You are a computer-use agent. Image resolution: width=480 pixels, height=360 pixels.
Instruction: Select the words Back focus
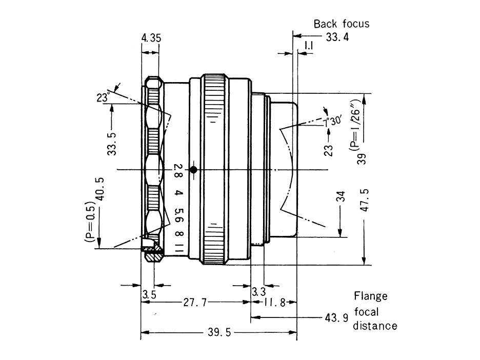(341, 24)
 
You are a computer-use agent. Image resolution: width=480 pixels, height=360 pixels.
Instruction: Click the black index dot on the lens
(193, 169)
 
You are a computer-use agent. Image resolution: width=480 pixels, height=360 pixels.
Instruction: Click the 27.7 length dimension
(194, 303)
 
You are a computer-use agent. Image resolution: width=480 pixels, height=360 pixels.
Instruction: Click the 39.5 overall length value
(221, 333)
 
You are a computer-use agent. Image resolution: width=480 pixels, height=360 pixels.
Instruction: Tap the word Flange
(371, 296)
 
